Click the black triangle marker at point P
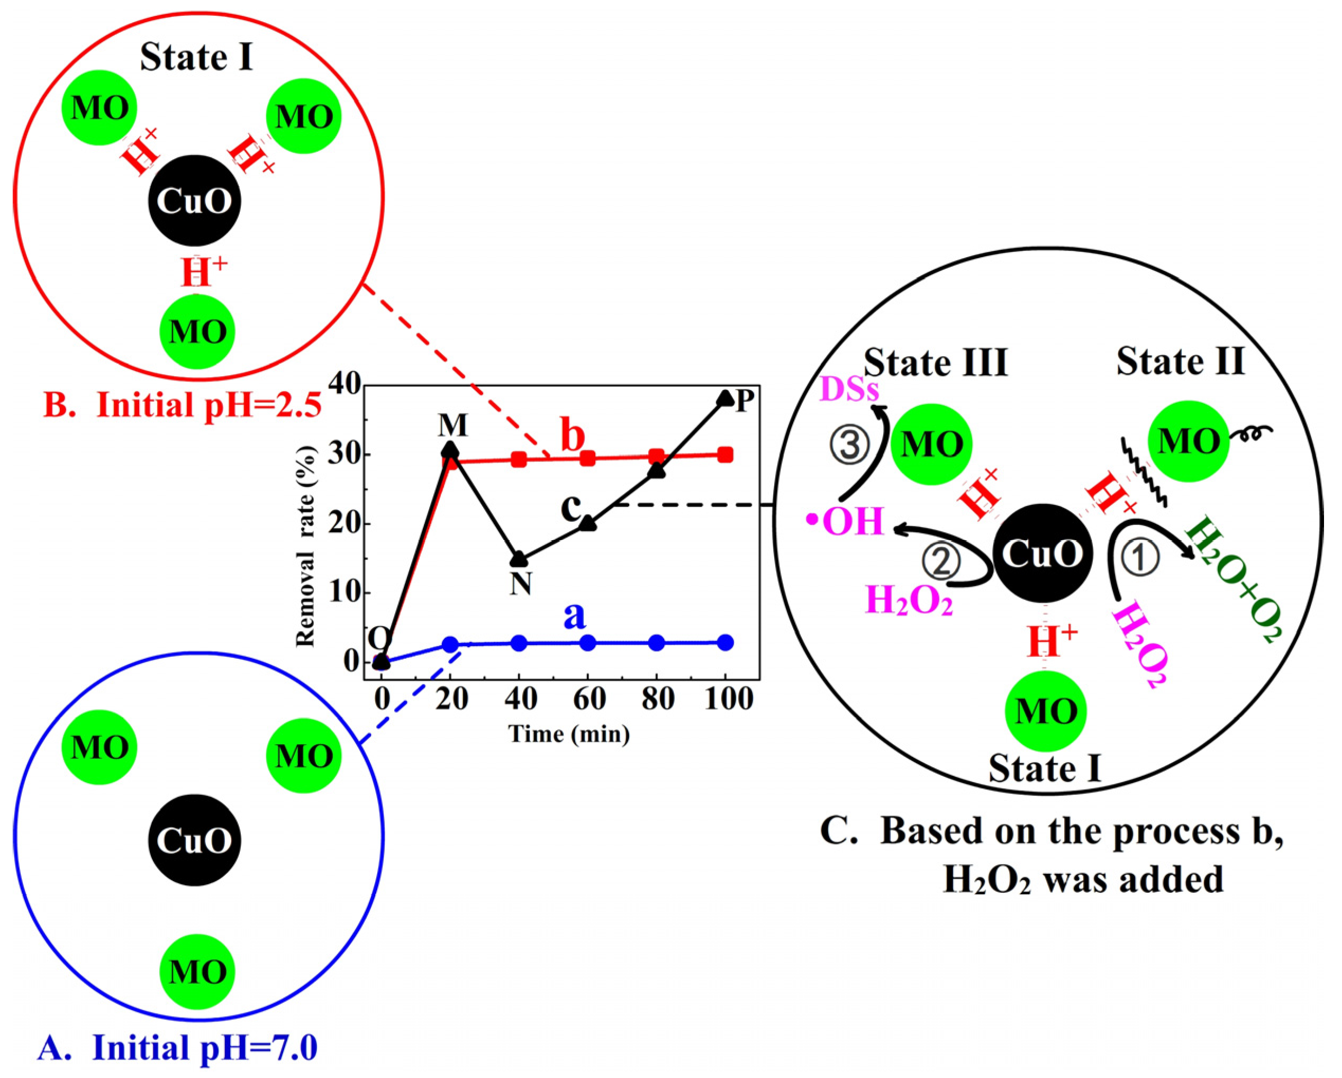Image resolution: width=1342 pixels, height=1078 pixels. click(725, 398)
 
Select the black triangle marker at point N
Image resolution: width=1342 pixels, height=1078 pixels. click(519, 559)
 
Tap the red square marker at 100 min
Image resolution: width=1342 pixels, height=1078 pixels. click(725, 455)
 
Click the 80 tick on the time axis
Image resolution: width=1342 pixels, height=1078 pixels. click(657, 699)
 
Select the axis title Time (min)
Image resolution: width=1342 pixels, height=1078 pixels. click(569, 735)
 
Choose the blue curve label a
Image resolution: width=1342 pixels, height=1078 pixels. click(575, 615)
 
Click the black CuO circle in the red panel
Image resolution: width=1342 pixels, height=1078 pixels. click(194, 201)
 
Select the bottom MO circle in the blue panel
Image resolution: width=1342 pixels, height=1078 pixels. click(198, 971)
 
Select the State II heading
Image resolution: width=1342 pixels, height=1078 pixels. click(1180, 361)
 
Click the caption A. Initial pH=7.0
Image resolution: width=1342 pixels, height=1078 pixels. click(177, 1047)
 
